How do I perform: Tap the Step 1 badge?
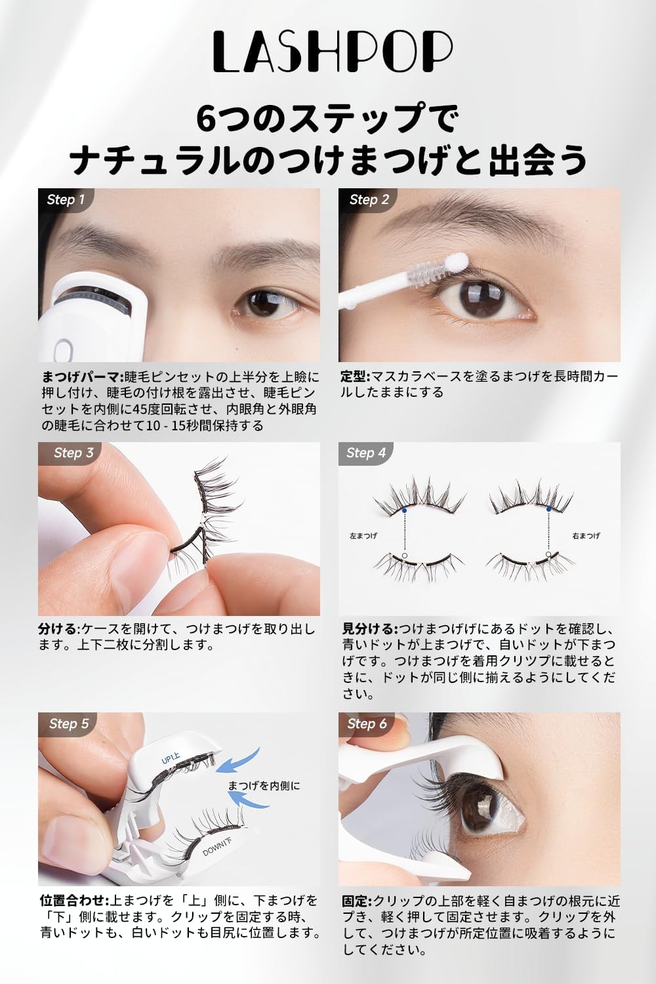66,199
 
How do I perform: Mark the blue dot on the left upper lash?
405,510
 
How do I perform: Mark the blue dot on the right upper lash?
548,509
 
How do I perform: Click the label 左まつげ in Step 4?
363,536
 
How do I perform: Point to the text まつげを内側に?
264,785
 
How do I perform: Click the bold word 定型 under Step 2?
355,377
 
